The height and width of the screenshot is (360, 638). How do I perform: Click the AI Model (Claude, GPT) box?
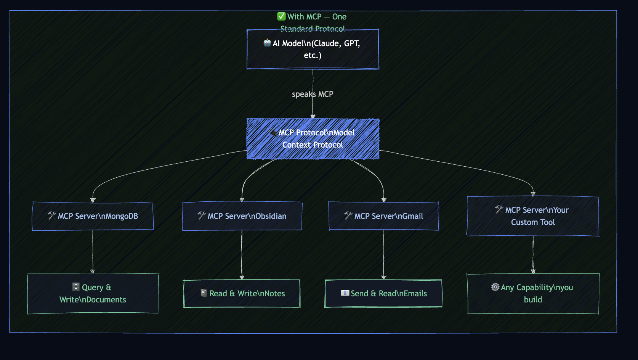(313, 49)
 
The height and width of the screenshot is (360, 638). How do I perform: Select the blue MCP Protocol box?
(313, 139)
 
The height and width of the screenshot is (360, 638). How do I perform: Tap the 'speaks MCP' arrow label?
(313, 94)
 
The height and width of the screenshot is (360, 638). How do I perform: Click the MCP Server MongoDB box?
(93, 216)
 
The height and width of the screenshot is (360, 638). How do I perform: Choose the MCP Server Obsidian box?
(242, 216)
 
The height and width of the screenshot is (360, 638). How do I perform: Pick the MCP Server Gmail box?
(383, 216)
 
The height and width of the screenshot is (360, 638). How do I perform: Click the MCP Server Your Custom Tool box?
(533, 216)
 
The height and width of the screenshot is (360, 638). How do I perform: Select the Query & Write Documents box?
(93, 294)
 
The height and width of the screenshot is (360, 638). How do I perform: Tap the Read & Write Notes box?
(242, 294)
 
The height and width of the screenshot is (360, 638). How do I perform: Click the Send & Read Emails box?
(383, 294)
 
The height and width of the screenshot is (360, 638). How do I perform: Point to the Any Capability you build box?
(533, 294)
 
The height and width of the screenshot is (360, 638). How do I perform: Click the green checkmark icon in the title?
(281, 16)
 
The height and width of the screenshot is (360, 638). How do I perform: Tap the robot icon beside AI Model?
(267, 43)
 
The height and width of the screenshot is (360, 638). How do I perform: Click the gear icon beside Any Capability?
(495, 287)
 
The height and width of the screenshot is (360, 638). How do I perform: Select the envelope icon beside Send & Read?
(345, 293)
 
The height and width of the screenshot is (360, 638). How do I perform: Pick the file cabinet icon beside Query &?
(76, 287)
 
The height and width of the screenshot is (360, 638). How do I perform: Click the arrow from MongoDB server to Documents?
(93, 252)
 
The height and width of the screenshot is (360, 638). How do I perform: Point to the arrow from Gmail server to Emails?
(383, 255)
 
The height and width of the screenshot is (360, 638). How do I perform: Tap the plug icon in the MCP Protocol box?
(273, 132)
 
